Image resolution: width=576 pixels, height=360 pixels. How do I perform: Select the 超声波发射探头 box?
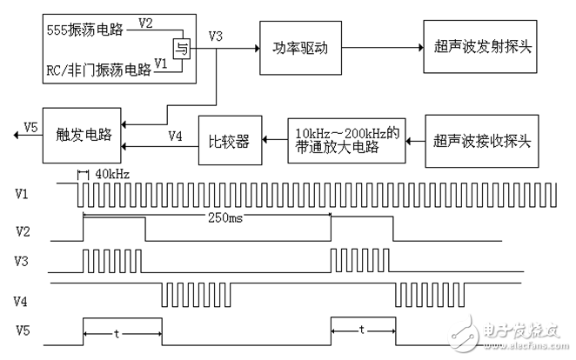pyautogui.click(x=479, y=44)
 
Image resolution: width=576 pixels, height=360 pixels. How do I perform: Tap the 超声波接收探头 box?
pyautogui.click(x=479, y=139)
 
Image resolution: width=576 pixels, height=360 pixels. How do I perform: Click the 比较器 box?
pyautogui.click(x=231, y=139)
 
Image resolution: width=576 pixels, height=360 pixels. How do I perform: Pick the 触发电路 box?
pyautogui.click(x=83, y=136)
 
